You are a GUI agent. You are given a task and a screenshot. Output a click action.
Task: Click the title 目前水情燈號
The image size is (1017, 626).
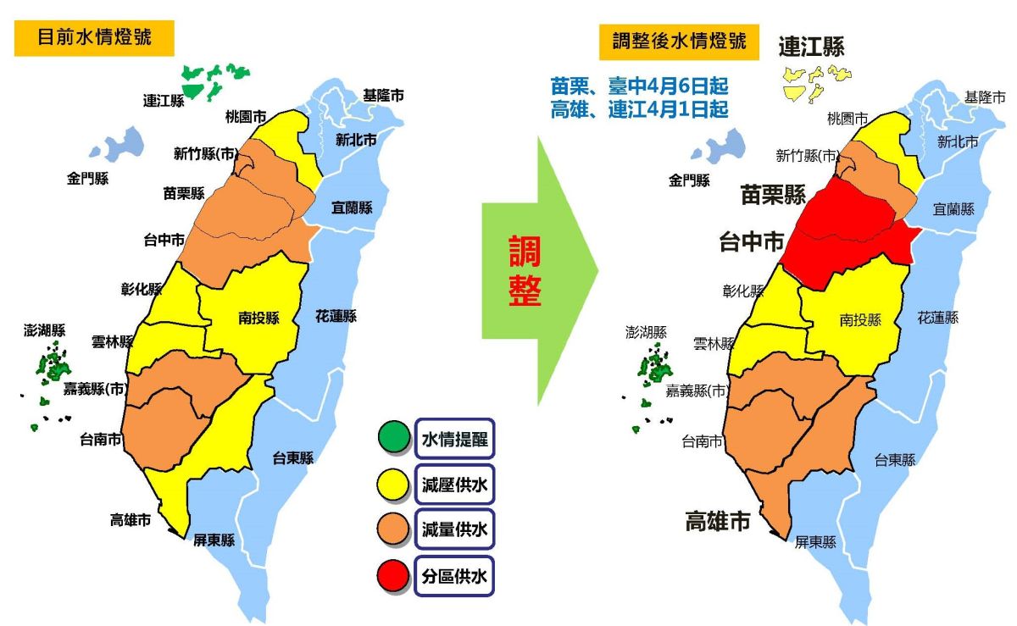(x=94, y=38)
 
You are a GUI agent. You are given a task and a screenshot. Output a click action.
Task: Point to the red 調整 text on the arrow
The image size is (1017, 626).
(x=525, y=271)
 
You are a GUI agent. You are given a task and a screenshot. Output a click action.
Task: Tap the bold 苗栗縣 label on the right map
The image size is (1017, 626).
(x=773, y=195)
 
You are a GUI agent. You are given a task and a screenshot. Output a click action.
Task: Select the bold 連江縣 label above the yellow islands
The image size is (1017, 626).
(x=811, y=46)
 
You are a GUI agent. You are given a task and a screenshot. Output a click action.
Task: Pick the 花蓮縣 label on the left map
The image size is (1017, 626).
(x=336, y=316)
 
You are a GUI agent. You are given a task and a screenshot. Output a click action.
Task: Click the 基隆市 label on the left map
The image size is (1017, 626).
(x=383, y=95)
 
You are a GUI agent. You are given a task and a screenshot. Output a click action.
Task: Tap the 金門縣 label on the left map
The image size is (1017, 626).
(x=87, y=179)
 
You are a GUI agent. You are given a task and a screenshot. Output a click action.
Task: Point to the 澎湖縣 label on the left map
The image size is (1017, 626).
(x=45, y=330)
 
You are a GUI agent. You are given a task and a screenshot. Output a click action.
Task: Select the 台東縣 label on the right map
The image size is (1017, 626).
(x=895, y=460)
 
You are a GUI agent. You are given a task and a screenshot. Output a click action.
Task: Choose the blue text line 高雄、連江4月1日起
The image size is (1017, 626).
(x=639, y=109)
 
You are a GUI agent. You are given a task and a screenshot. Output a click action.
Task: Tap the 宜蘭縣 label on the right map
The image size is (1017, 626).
(x=953, y=208)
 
